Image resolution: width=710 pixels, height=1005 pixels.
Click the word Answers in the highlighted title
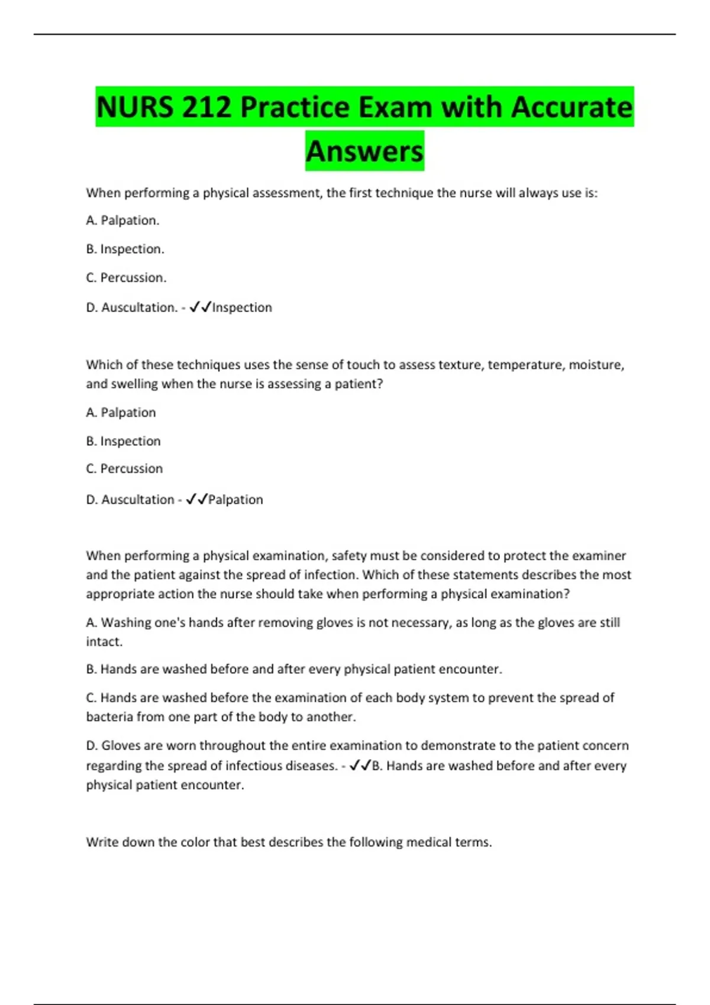point(364,151)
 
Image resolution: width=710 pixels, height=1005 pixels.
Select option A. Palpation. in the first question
point(122,221)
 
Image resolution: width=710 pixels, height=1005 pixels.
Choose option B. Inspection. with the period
point(125,249)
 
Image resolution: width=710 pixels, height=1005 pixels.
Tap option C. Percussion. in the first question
point(126,277)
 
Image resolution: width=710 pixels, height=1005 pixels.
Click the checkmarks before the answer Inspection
point(200,307)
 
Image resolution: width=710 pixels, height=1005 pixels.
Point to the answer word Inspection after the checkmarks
point(242,307)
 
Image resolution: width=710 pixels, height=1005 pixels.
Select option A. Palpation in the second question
point(121,413)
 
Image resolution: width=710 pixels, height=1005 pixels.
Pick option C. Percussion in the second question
point(124,469)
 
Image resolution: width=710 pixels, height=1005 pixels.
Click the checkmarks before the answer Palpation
point(196,500)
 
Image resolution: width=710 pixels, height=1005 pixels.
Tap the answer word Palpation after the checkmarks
point(235,500)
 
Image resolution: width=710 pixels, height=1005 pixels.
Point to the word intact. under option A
point(104,641)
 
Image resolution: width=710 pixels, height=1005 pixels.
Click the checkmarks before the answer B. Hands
point(360,766)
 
